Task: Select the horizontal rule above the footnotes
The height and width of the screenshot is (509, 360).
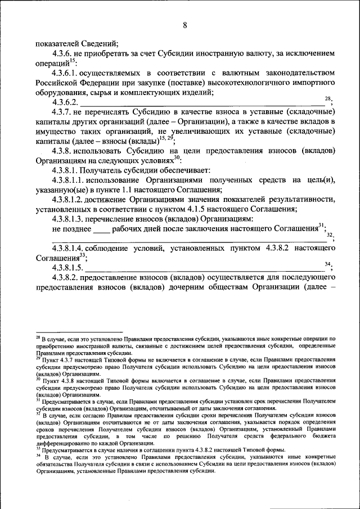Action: [79, 332]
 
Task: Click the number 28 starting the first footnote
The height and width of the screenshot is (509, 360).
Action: [38, 339]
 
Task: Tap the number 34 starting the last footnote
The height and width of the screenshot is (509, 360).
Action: [38, 457]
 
